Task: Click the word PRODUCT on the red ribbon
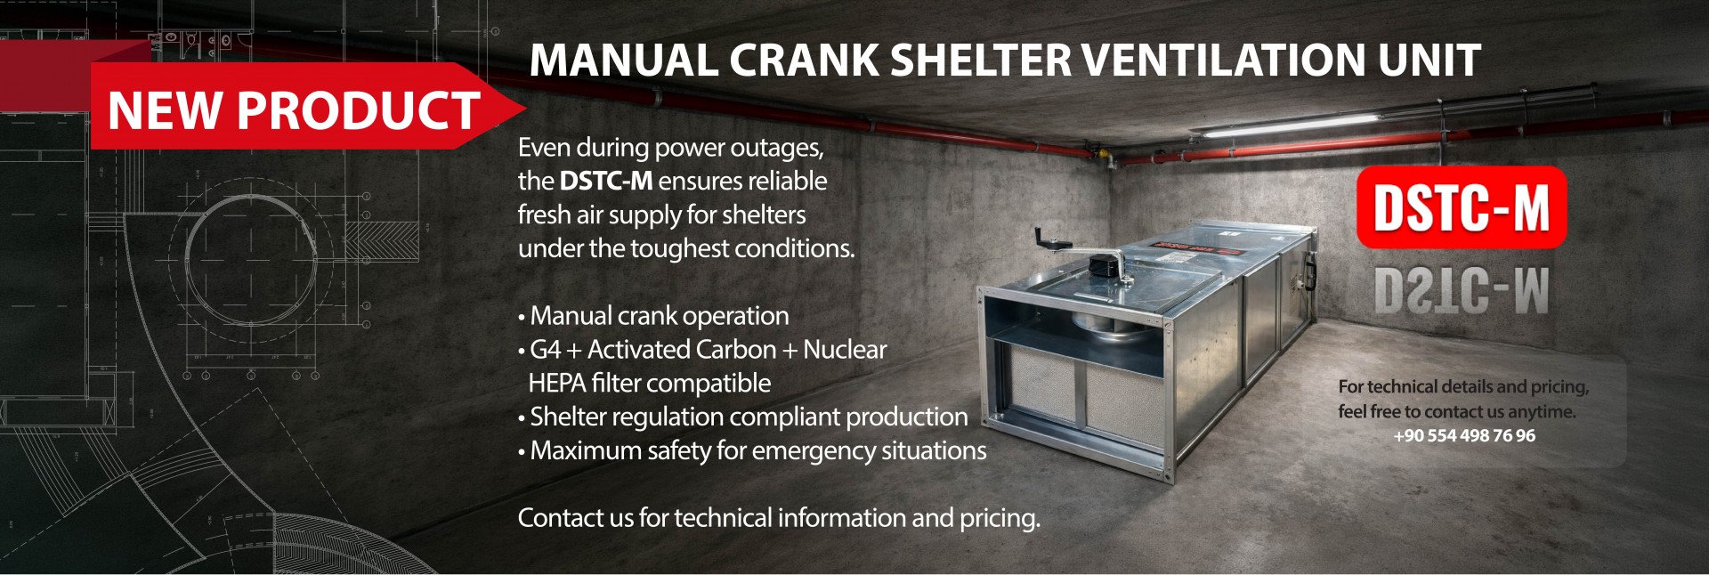coord(359,110)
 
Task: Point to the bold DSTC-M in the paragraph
coord(606,181)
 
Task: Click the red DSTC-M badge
coord(1462,207)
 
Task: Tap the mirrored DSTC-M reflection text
coord(1462,290)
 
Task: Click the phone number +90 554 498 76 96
coord(1464,435)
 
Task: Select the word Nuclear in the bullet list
coord(845,349)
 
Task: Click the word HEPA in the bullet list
coord(556,383)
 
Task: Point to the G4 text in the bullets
coord(545,349)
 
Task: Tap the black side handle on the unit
coord(1310,272)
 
